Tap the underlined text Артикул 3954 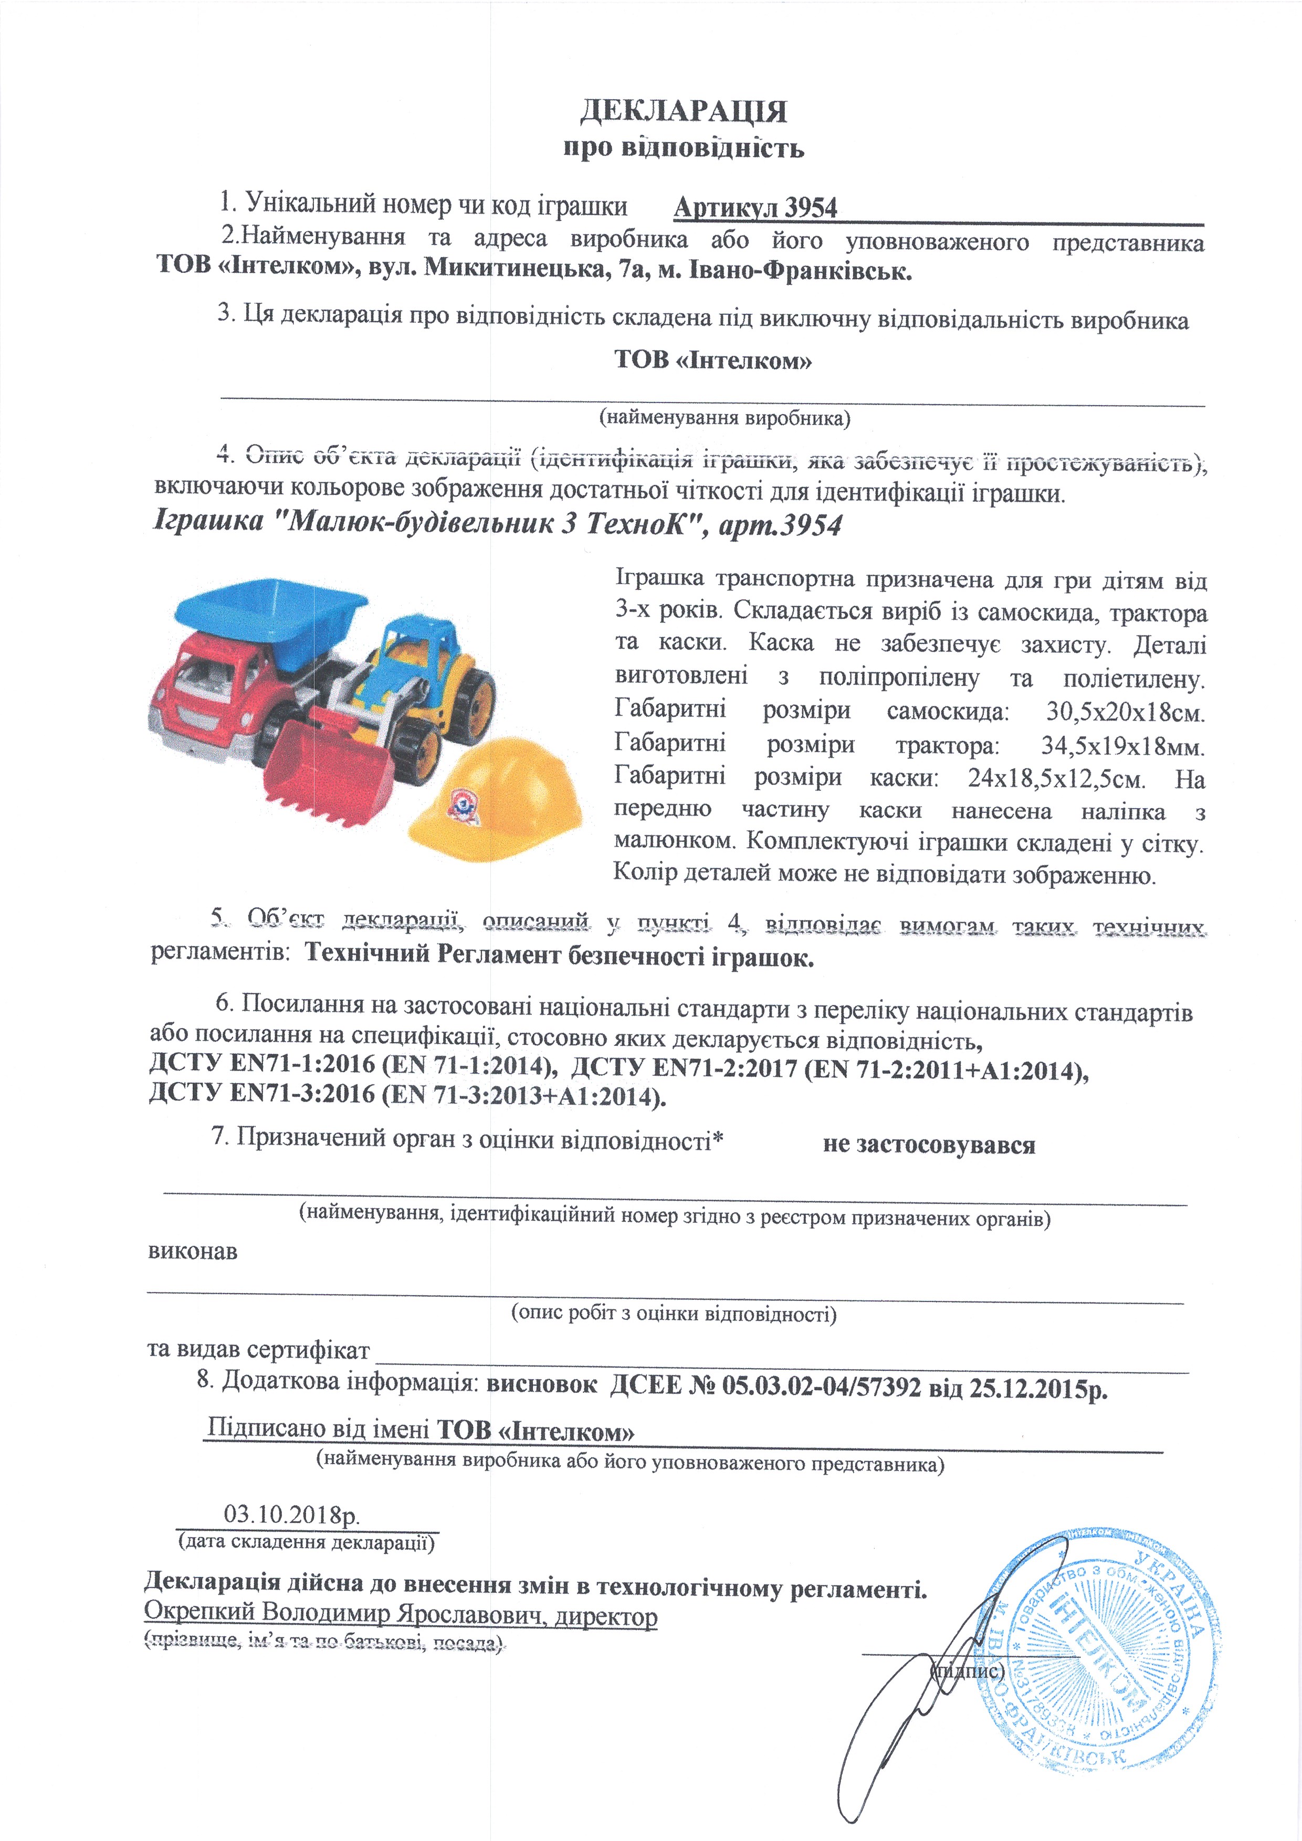point(755,208)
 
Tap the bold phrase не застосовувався point(928,1145)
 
